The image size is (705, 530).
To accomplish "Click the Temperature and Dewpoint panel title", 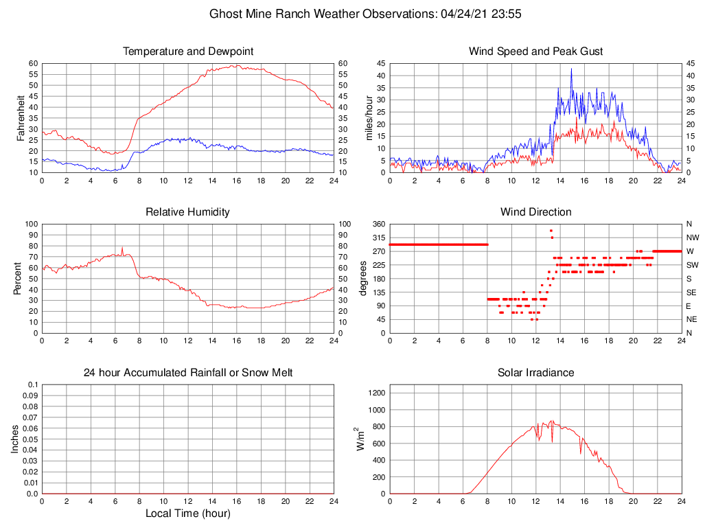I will (x=188, y=51).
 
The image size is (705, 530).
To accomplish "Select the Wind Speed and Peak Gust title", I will (x=536, y=51).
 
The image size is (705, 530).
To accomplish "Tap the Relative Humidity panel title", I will (x=188, y=212).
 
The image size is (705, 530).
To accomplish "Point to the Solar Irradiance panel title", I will (x=536, y=373).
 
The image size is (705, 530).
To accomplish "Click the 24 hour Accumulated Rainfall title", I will (x=188, y=373).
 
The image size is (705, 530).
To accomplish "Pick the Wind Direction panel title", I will (x=536, y=212).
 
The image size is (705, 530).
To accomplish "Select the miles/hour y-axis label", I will (x=370, y=117).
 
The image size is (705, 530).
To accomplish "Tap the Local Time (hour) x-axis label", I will (x=188, y=514).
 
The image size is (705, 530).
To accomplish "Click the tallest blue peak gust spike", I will (x=571, y=69).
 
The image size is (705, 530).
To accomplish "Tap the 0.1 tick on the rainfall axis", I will (x=33, y=384).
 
